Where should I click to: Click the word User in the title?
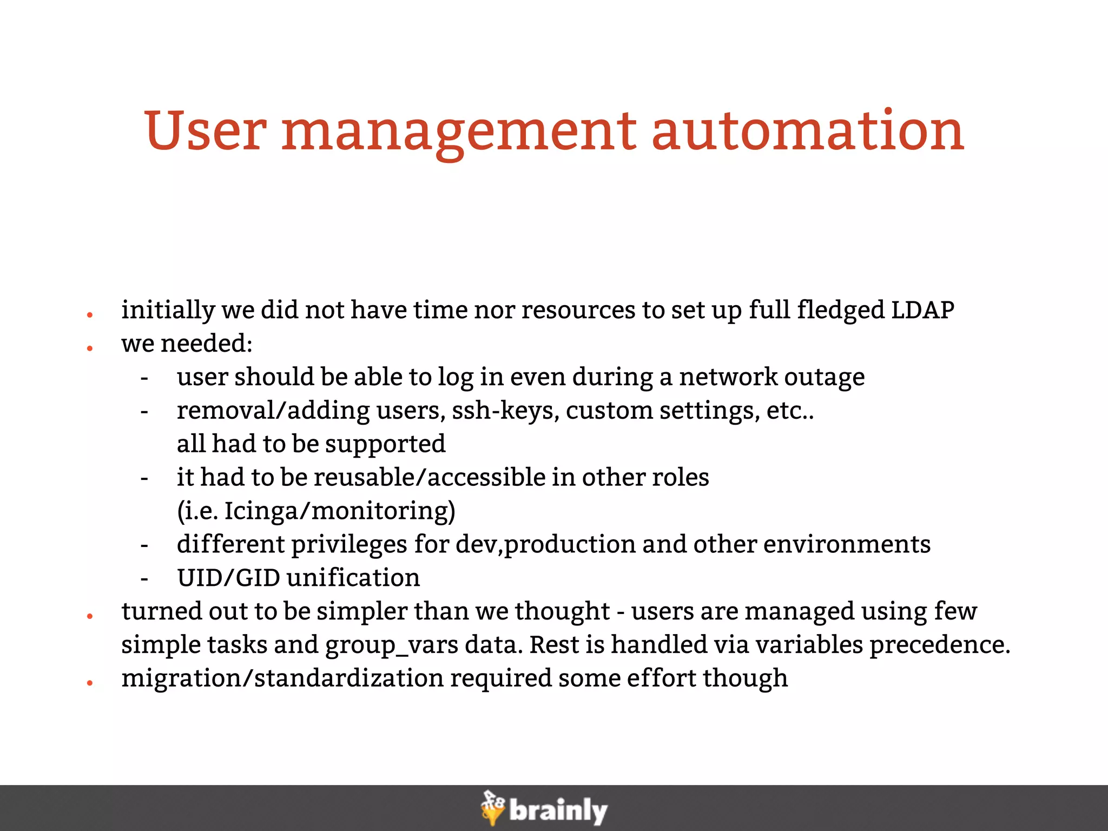click(205, 131)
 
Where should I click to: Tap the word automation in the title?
click(808, 131)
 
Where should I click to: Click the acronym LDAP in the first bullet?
click(922, 310)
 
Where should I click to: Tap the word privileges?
click(349, 545)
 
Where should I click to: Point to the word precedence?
click(940, 645)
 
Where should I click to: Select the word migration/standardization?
click(282, 678)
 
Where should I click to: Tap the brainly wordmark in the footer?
click(558, 811)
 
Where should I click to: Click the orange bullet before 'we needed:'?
click(90, 348)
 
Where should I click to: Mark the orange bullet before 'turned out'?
click(90, 616)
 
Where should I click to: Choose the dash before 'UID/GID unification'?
click(144, 579)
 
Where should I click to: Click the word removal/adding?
click(273, 411)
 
